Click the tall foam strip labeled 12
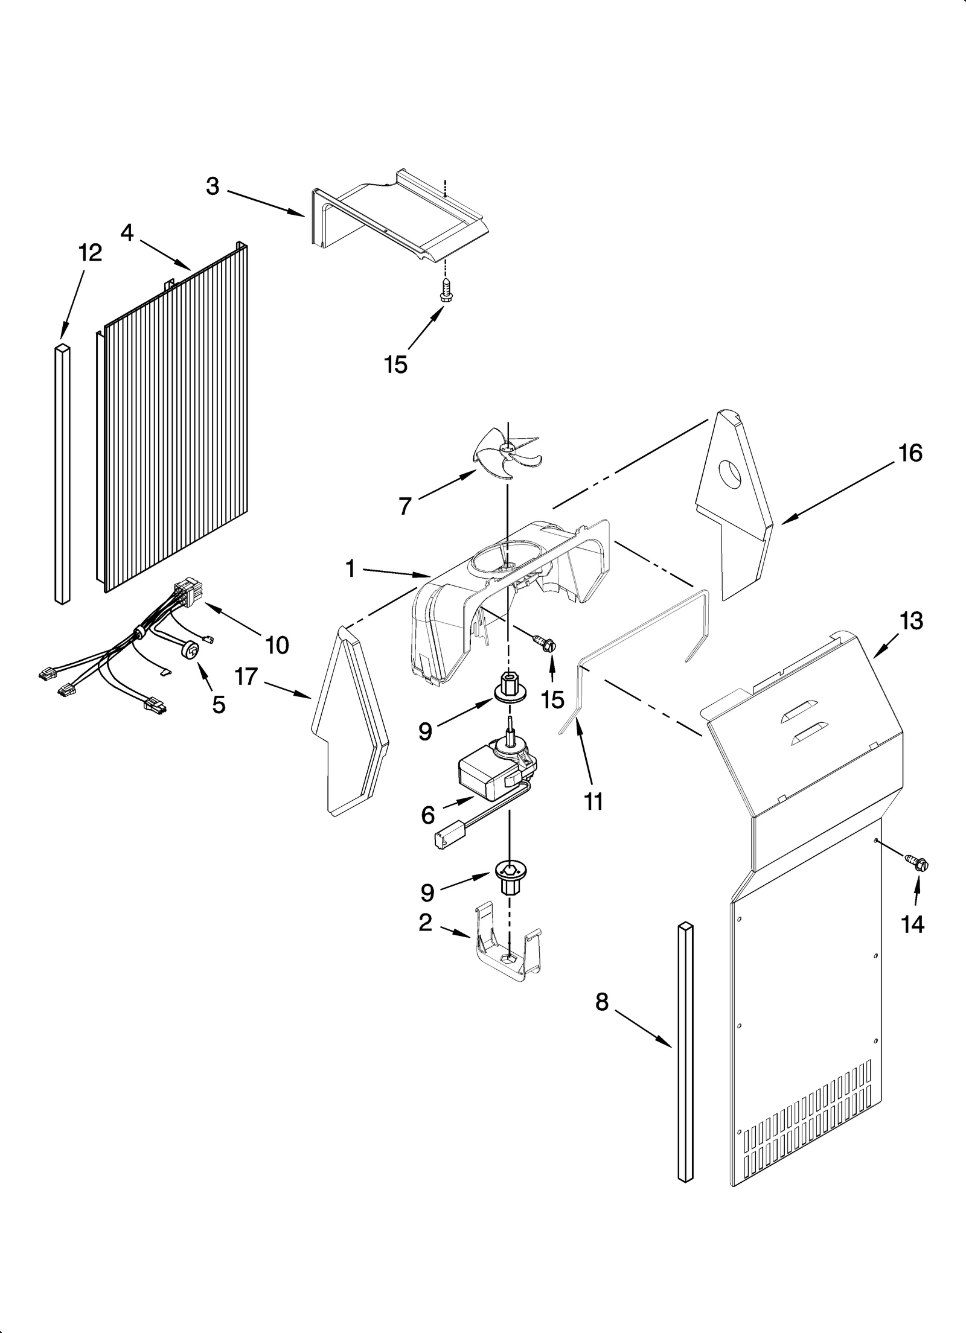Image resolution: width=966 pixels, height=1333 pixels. pyautogui.click(x=62, y=474)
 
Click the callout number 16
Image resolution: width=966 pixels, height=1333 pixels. pyautogui.click(x=910, y=453)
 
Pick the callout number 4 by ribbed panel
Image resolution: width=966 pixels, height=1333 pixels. pyautogui.click(x=127, y=233)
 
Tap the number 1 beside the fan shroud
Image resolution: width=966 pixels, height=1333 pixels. pyautogui.click(x=350, y=568)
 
